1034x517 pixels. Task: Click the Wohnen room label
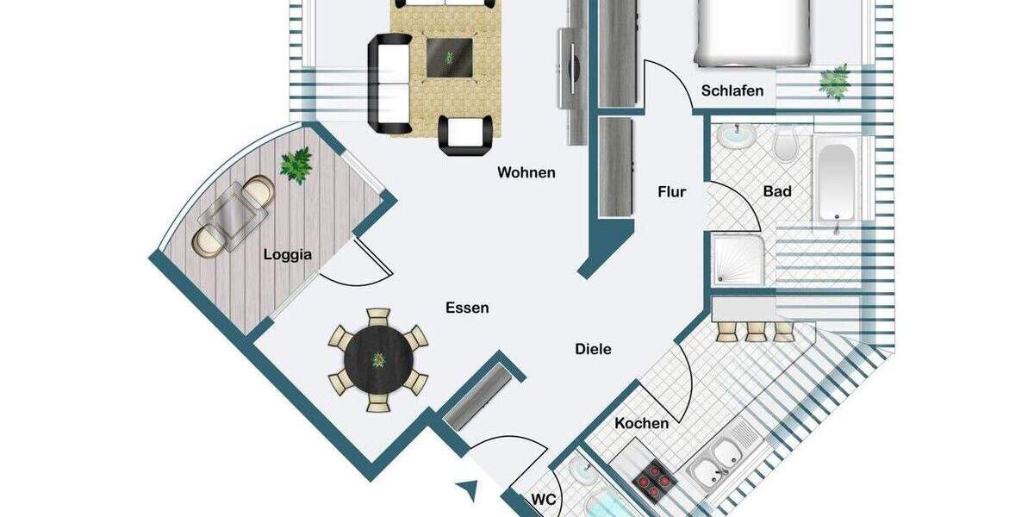pos(526,172)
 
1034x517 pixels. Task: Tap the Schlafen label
pos(732,90)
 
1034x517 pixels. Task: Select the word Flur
pos(672,191)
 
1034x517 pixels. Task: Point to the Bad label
pos(776,191)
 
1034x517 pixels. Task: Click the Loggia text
pos(287,254)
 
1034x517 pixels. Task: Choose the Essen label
pos(467,308)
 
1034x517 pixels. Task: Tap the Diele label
pos(593,349)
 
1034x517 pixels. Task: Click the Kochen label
pos(641,423)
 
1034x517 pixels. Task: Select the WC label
pos(543,499)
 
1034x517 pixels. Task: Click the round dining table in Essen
pos(378,358)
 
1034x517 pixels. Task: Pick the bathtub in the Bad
pos(835,182)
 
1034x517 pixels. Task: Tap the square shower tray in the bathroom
pos(738,260)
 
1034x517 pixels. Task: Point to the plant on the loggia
pos(296,164)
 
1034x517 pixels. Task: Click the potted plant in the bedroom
pos(834,83)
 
